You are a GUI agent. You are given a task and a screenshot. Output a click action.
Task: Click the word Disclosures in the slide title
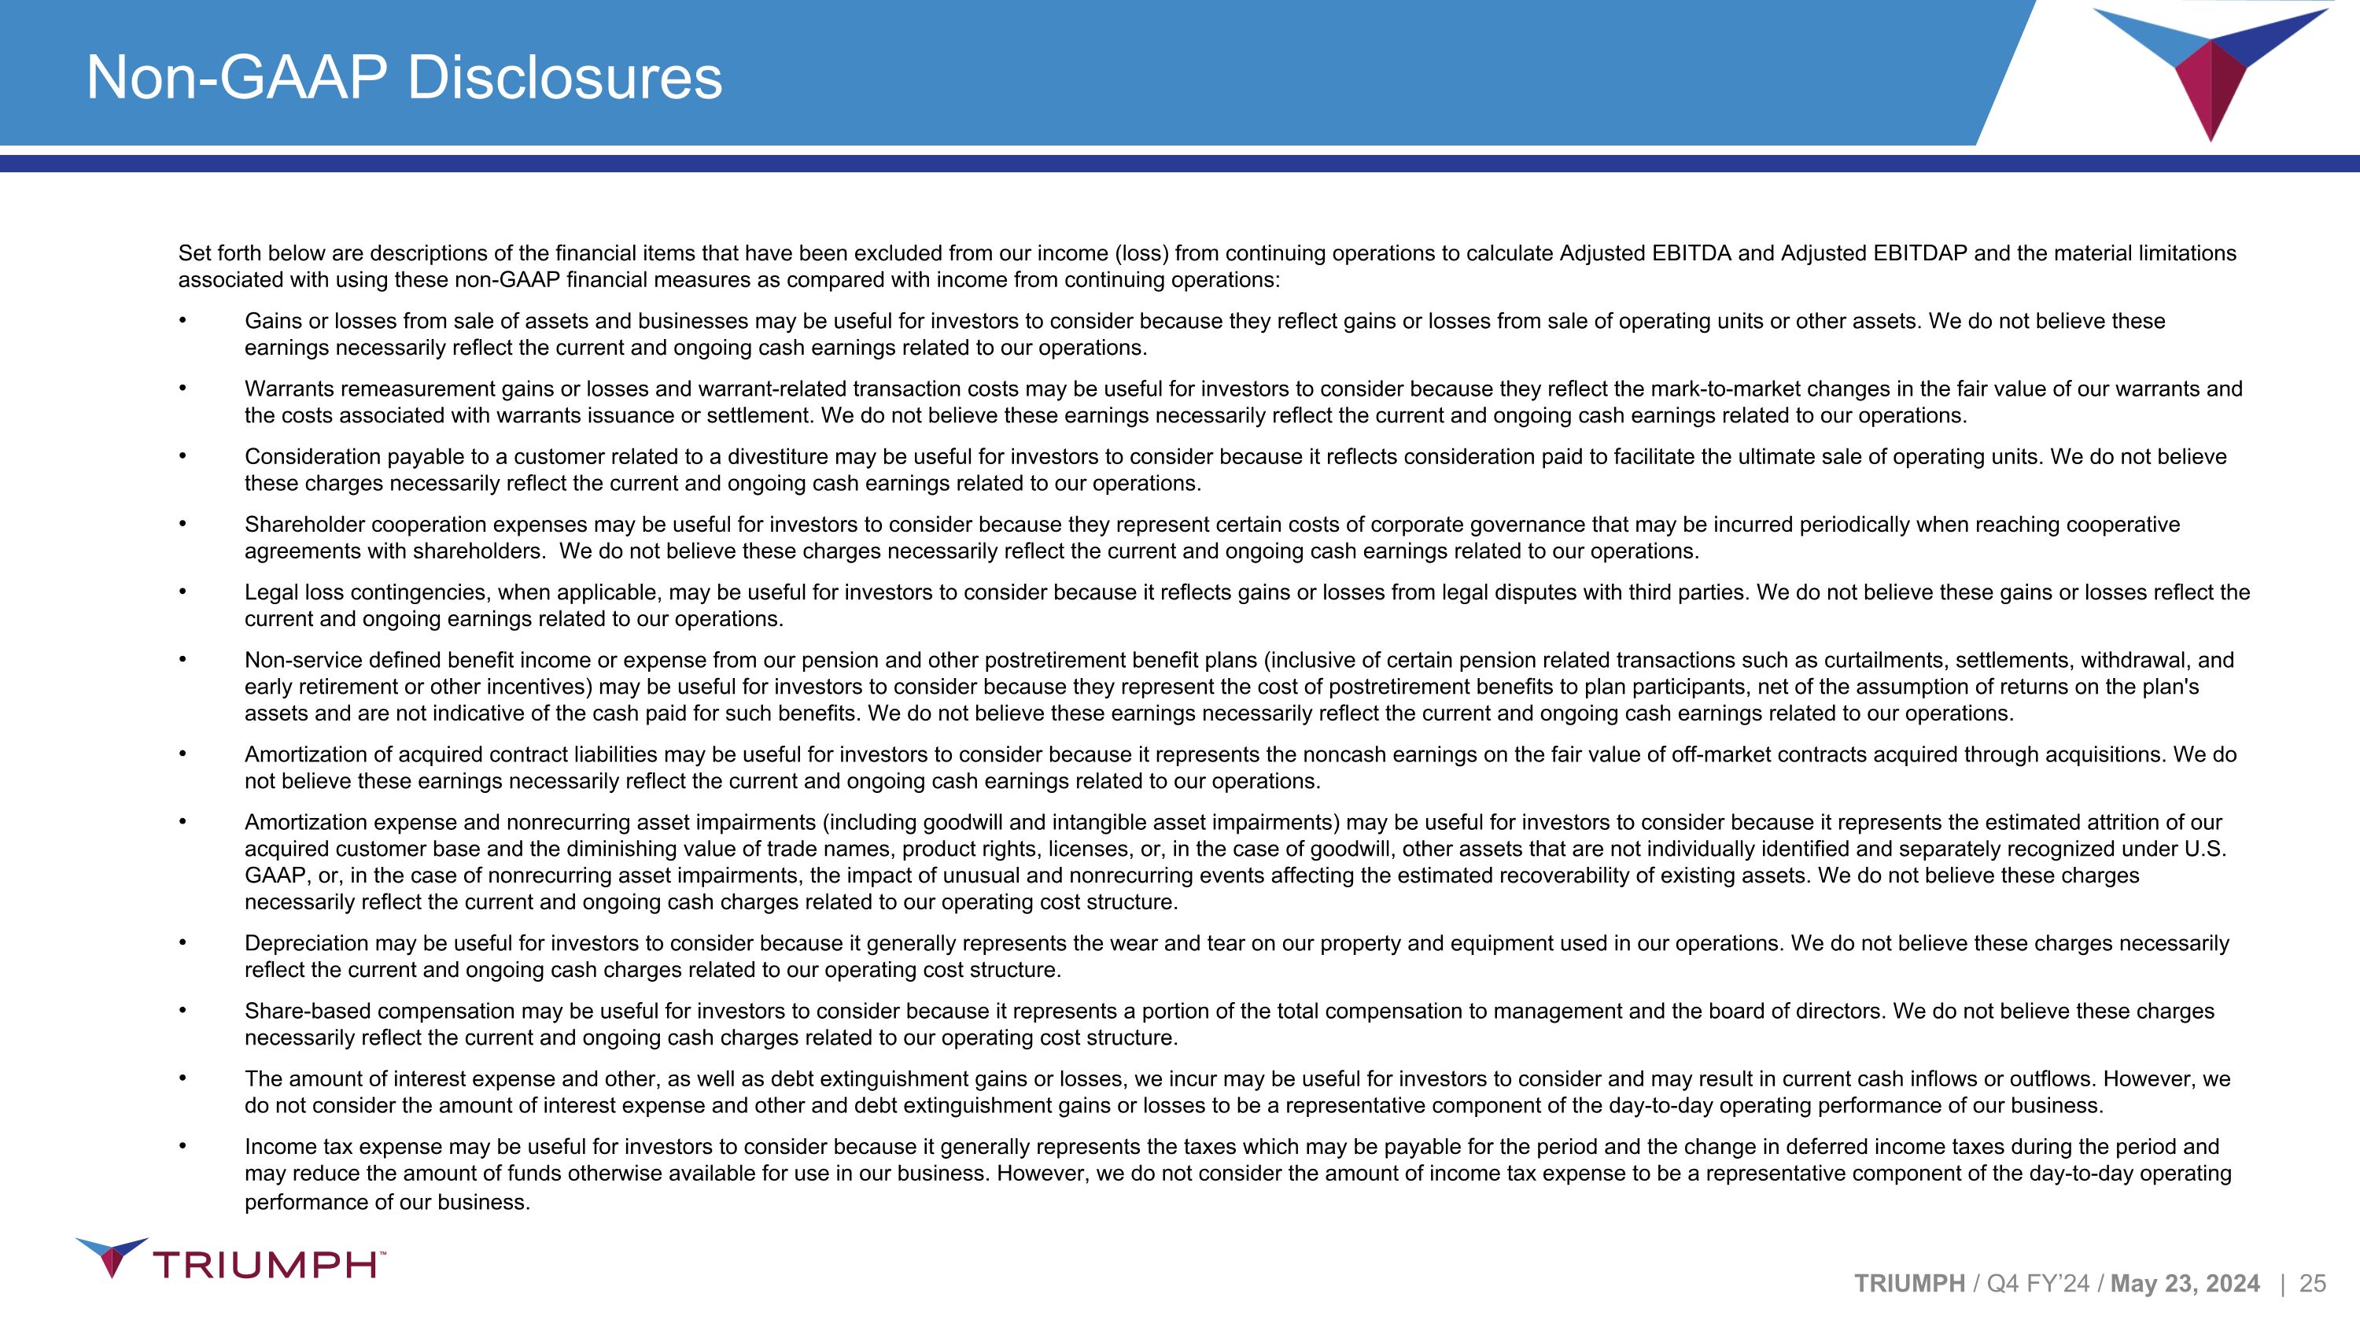click(x=564, y=78)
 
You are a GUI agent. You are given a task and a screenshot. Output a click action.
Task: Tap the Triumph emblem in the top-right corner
click(x=2210, y=69)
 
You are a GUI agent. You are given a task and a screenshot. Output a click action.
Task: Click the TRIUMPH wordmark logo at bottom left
click(x=230, y=1261)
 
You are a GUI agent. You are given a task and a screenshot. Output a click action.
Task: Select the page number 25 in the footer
click(x=2312, y=1284)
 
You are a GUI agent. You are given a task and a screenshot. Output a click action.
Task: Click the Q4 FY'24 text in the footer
click(x=2037, y=1284)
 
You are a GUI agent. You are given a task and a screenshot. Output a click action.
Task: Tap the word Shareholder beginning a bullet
click(x=305, y=525)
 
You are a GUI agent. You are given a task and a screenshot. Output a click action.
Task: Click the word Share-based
click(x=305, y=1011)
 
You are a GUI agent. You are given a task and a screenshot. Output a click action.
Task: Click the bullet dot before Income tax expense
click(x=183, y=1145)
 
